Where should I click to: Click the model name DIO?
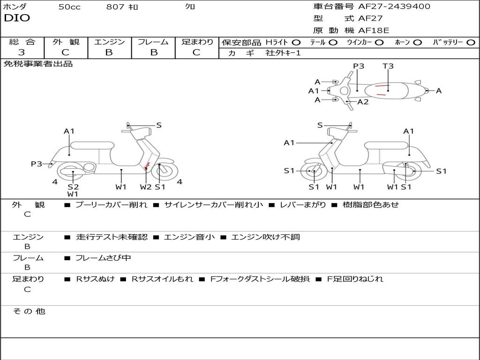click(x=16, y=18)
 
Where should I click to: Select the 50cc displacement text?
click(x=69, y=7)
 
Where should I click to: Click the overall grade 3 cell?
click(x=22, y=52)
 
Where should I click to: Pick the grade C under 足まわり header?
click(x=196, y=52)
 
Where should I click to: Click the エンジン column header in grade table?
click(x=109, y=42)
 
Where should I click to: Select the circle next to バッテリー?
click(x=471, y=42)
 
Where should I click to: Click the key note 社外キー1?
click(x=283, y=53)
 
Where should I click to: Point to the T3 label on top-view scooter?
click(x=388, y=66)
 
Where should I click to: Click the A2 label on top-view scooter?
click(x=363, y=102)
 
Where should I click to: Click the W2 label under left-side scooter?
click(x=146, y=187)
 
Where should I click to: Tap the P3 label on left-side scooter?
click(x=37, y=164)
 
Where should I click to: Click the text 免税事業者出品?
click(x=38, y=64)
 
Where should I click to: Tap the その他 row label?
click(x=29, y=311)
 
